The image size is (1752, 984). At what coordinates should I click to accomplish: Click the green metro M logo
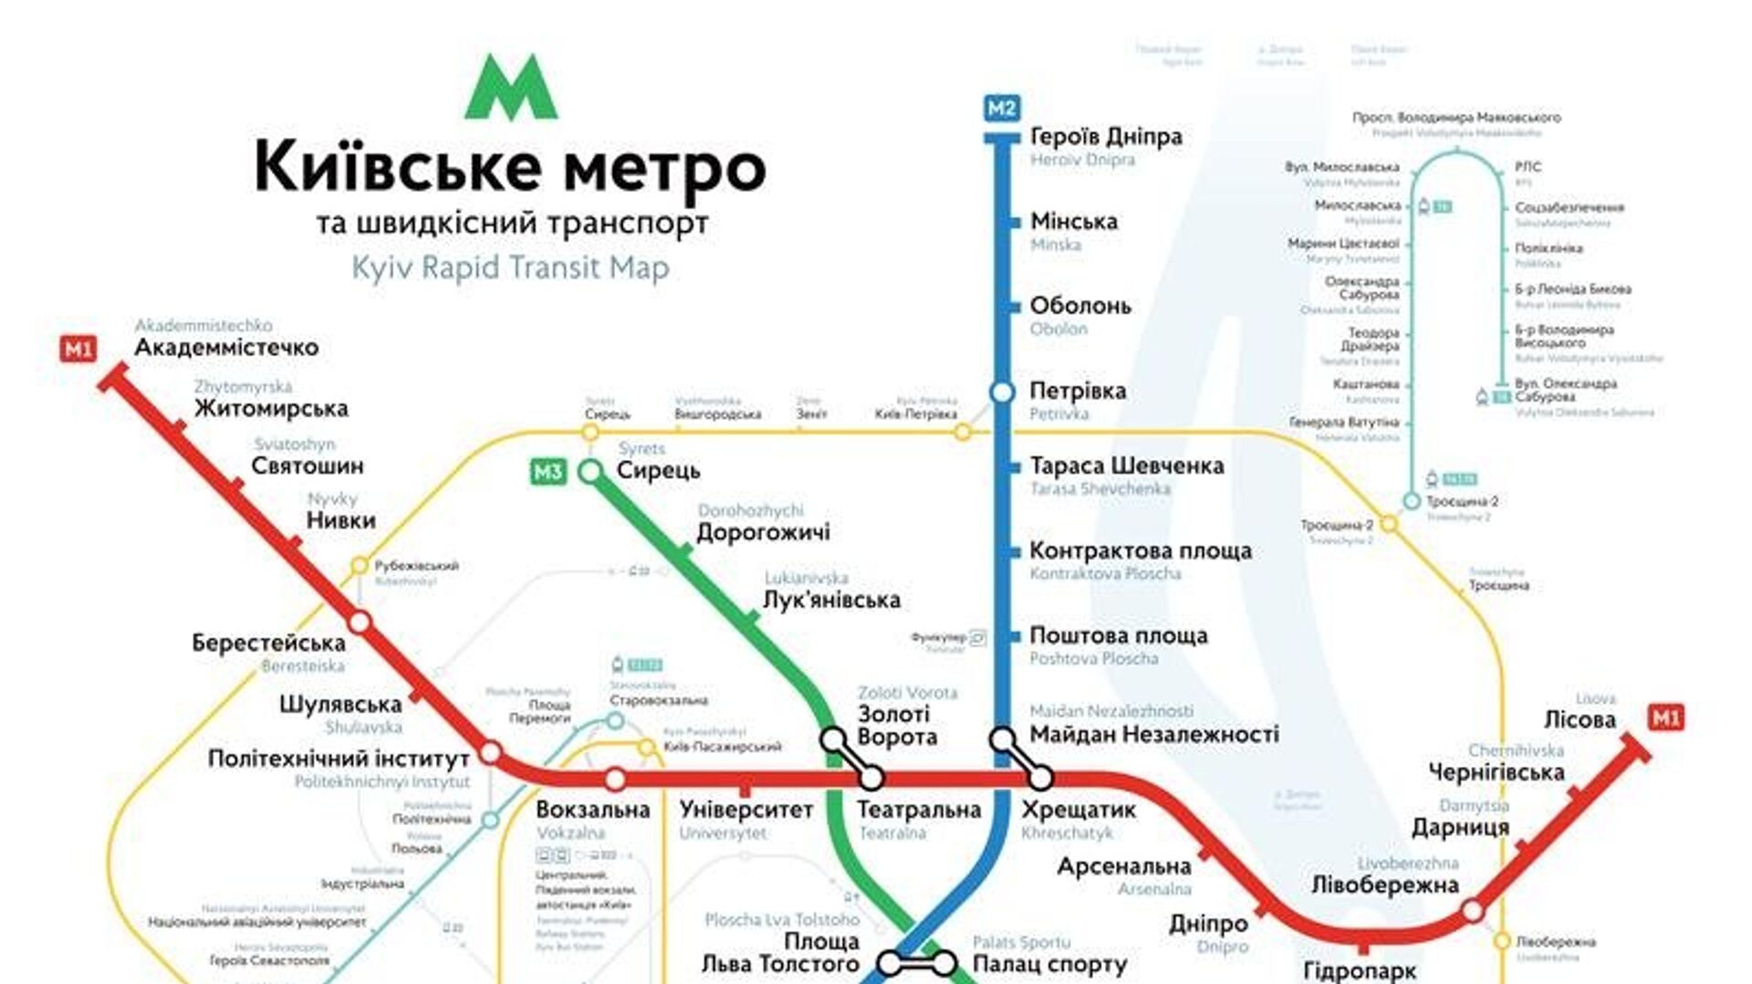coord(510,88)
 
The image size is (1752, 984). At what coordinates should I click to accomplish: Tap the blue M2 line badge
coord(1001,109)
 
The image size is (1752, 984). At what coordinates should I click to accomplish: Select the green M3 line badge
coord(547,472)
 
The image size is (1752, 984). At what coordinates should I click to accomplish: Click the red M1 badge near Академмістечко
coord(78,349)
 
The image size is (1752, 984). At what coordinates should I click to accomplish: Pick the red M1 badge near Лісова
coord(1666,718)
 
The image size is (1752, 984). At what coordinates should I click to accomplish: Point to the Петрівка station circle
coord(1002,392)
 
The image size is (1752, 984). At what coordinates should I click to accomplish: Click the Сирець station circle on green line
coord(590,472)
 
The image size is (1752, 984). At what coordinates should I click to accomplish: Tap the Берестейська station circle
coord(360,623)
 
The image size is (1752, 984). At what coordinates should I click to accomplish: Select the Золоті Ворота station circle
coord(832,738)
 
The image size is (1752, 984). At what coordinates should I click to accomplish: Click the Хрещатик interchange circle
coord(1040,779)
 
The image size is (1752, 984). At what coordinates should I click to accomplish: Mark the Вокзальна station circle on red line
coord(616,780)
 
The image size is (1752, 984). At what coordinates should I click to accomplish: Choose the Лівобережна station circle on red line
coord(1472,910)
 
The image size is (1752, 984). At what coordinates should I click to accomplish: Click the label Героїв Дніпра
coord(1106,137)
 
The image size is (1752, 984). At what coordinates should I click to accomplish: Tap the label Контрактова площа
coord(1140,551)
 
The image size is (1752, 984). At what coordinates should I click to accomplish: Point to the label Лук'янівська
coord(831,601)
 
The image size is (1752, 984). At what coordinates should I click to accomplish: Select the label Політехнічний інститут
coord(339,759)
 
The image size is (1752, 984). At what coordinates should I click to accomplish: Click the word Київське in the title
coord(397,167)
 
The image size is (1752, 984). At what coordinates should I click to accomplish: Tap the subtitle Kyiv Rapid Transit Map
coord(510,268)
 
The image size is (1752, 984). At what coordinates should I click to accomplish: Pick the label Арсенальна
coord(1123,866)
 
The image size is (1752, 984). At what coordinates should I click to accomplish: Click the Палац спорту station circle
coord(944,963)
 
